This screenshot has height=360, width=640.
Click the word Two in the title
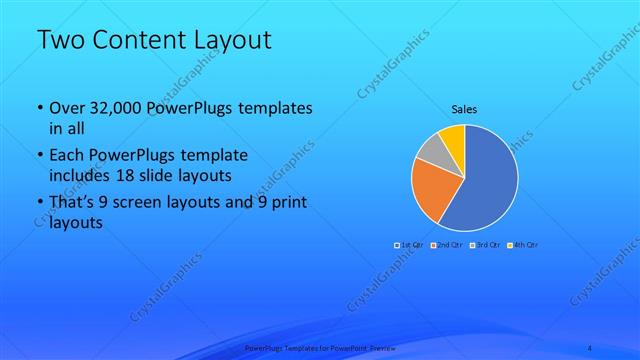click(61, 41)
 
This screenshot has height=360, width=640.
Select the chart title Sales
click(465, 108)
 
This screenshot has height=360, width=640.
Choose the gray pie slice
click(429, 150)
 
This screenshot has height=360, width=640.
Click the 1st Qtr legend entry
click(408, 245)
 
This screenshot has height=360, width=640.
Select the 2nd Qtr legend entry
click(445, 245)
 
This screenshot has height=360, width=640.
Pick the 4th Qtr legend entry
click(523, 245)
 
